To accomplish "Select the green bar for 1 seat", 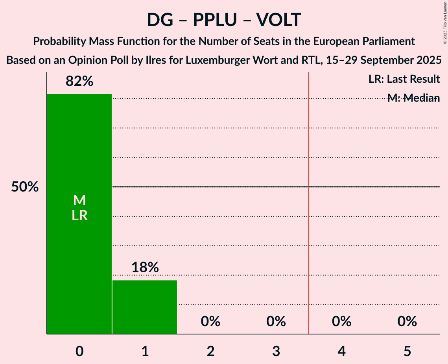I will [145, 307].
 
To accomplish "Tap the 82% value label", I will [79, 82].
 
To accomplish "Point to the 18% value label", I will [145, 267].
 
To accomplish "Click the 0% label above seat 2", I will [210, 321].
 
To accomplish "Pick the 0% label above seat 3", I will [276, 321].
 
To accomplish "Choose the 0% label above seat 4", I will [341, 321].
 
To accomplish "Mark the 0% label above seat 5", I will [407, 321].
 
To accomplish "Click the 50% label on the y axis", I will [25, 187].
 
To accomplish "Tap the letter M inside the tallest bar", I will [79, 201].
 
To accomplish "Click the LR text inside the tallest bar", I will [79, 215].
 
